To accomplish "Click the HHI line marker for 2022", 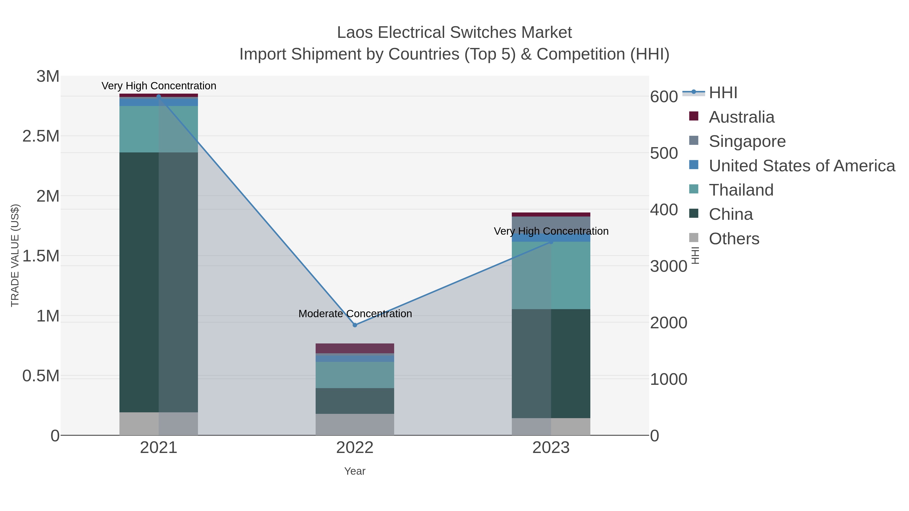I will tap(355, 325).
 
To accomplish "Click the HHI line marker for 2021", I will tap(158, 96).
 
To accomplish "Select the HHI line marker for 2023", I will tap(551, 241).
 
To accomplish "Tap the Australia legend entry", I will tap(741, 117).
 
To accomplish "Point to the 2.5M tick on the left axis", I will tap(41, 136).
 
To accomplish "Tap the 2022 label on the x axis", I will tap(355, 448).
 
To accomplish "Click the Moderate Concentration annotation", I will tap(355, 313).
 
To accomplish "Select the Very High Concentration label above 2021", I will tap(159, 86).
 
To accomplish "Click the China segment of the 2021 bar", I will tap(158, 282).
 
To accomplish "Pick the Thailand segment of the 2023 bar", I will tap(551, 275).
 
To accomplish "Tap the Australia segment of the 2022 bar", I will tap(355, 348).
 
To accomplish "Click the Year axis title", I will tap(355, 471).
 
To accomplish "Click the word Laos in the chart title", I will tap(355, 33).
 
